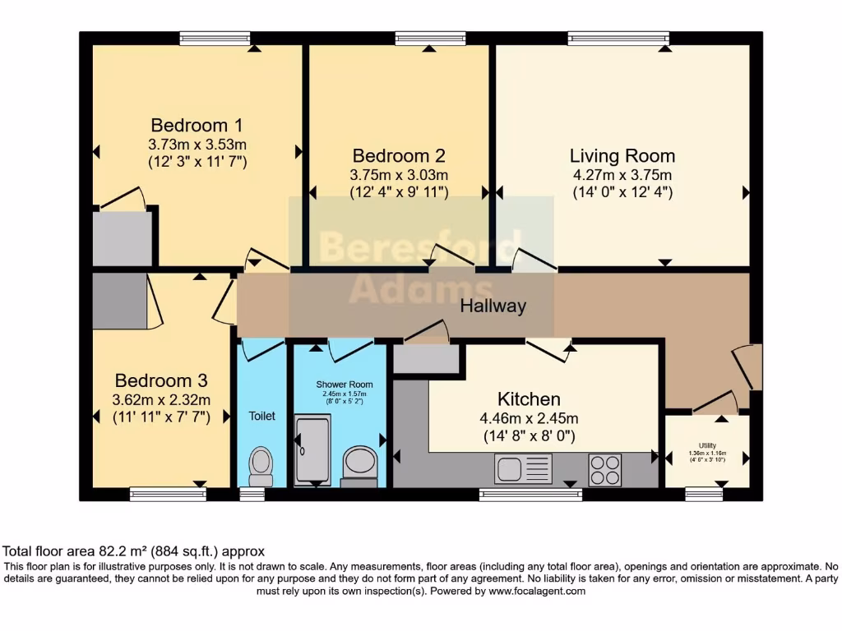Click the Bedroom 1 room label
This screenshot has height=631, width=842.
click(197, 126)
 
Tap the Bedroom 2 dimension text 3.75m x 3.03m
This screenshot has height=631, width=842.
click(399, 174)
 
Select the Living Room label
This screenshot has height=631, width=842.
click(622, 155)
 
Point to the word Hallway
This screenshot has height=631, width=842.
click(493, 306)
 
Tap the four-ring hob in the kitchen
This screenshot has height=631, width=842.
click(605, 470)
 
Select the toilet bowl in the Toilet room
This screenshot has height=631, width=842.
click(261, 466)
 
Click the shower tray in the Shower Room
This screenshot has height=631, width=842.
click(312, 450)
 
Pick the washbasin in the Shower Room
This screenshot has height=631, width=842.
click(359, 463)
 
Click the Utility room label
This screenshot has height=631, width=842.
click(707, 444)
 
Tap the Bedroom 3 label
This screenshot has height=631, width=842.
click(160, 381)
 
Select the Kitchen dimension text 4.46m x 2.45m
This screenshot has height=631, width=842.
click(530, 417)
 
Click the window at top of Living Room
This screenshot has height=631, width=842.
click(618, 38)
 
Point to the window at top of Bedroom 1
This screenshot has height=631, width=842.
click(215, 38)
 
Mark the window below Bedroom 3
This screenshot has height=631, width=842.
click(168, 494)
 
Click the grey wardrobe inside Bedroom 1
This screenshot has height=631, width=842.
click(123, 238)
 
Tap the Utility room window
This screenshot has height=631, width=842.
click(703, 494)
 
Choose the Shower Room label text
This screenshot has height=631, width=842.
click(345, 385)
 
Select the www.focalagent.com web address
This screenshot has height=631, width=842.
click(537, 591)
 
